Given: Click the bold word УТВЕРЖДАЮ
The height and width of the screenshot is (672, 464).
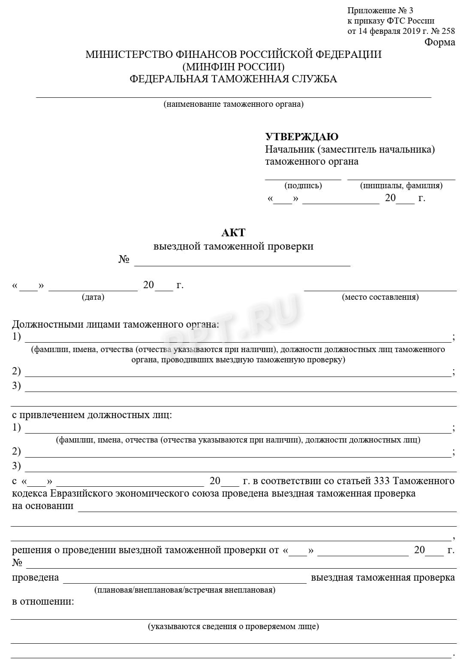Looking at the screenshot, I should point(301,137).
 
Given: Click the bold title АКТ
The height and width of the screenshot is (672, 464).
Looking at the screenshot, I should point(233,232).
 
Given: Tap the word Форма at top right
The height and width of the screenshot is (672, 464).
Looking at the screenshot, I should point(440,42).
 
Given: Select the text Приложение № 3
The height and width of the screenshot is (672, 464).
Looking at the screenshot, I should point(380,11).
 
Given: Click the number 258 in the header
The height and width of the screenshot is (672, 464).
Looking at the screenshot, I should point(448,31).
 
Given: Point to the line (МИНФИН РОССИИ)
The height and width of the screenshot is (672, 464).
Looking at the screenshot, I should point(233,66).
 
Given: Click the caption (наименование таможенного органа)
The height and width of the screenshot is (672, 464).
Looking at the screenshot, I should point(233,104).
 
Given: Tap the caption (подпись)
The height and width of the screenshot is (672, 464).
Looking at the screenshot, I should point(303,186).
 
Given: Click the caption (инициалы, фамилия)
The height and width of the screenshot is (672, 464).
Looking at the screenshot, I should point(401,186).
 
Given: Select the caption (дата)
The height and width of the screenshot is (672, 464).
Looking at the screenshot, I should point(93,297).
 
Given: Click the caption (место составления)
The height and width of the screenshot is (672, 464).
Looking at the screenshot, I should point(380,297).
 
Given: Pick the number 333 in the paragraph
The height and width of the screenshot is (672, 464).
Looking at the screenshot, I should point(382,481).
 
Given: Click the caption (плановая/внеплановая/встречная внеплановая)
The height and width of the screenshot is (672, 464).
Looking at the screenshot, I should point(184,590).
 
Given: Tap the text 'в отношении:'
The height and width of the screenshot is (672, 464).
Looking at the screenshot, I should point(43,601).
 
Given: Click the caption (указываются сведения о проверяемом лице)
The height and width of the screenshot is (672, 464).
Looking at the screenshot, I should point(233,627).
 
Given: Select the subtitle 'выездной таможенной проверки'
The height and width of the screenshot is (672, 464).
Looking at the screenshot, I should point(233,247).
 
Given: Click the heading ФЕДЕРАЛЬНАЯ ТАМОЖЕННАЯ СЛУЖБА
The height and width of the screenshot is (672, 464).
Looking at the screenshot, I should point(233,79).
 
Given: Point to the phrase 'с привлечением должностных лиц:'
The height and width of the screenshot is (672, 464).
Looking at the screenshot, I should point(92,415).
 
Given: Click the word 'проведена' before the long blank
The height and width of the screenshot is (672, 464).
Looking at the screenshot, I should point(35,577).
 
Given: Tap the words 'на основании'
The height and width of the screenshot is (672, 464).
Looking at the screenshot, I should point(42,506).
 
